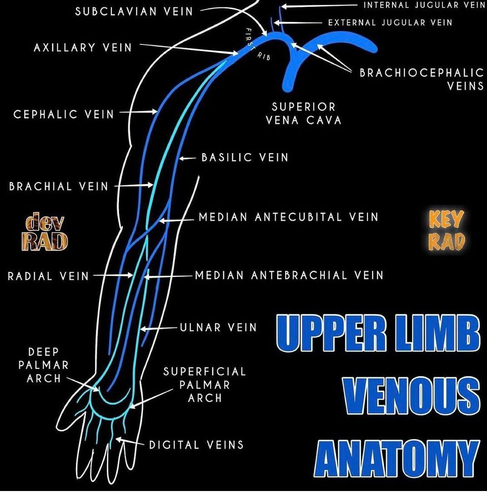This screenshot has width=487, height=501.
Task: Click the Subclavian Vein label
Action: [134, 11]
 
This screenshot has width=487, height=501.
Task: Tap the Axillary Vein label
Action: [83, 47]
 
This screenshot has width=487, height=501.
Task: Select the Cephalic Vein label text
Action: [64, 114]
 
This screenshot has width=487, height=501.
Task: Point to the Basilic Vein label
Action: [245, 158]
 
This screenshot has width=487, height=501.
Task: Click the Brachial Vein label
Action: [59, 186]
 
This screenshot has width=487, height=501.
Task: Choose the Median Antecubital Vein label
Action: [288, 217]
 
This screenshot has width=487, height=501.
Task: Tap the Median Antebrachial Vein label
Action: [289, 275]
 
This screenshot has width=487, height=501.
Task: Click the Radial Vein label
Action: [48, 276]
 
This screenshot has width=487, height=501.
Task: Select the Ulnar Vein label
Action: [219, 327]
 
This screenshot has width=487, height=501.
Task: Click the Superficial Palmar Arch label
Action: [204, 385]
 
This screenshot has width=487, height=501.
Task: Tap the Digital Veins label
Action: [196, 445]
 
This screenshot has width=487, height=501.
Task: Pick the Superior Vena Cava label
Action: [303, 114]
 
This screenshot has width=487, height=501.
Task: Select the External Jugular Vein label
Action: [390, 22]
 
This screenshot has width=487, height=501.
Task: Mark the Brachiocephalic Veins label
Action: [422, 79]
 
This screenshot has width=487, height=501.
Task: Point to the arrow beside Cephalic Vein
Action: [139, 111]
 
